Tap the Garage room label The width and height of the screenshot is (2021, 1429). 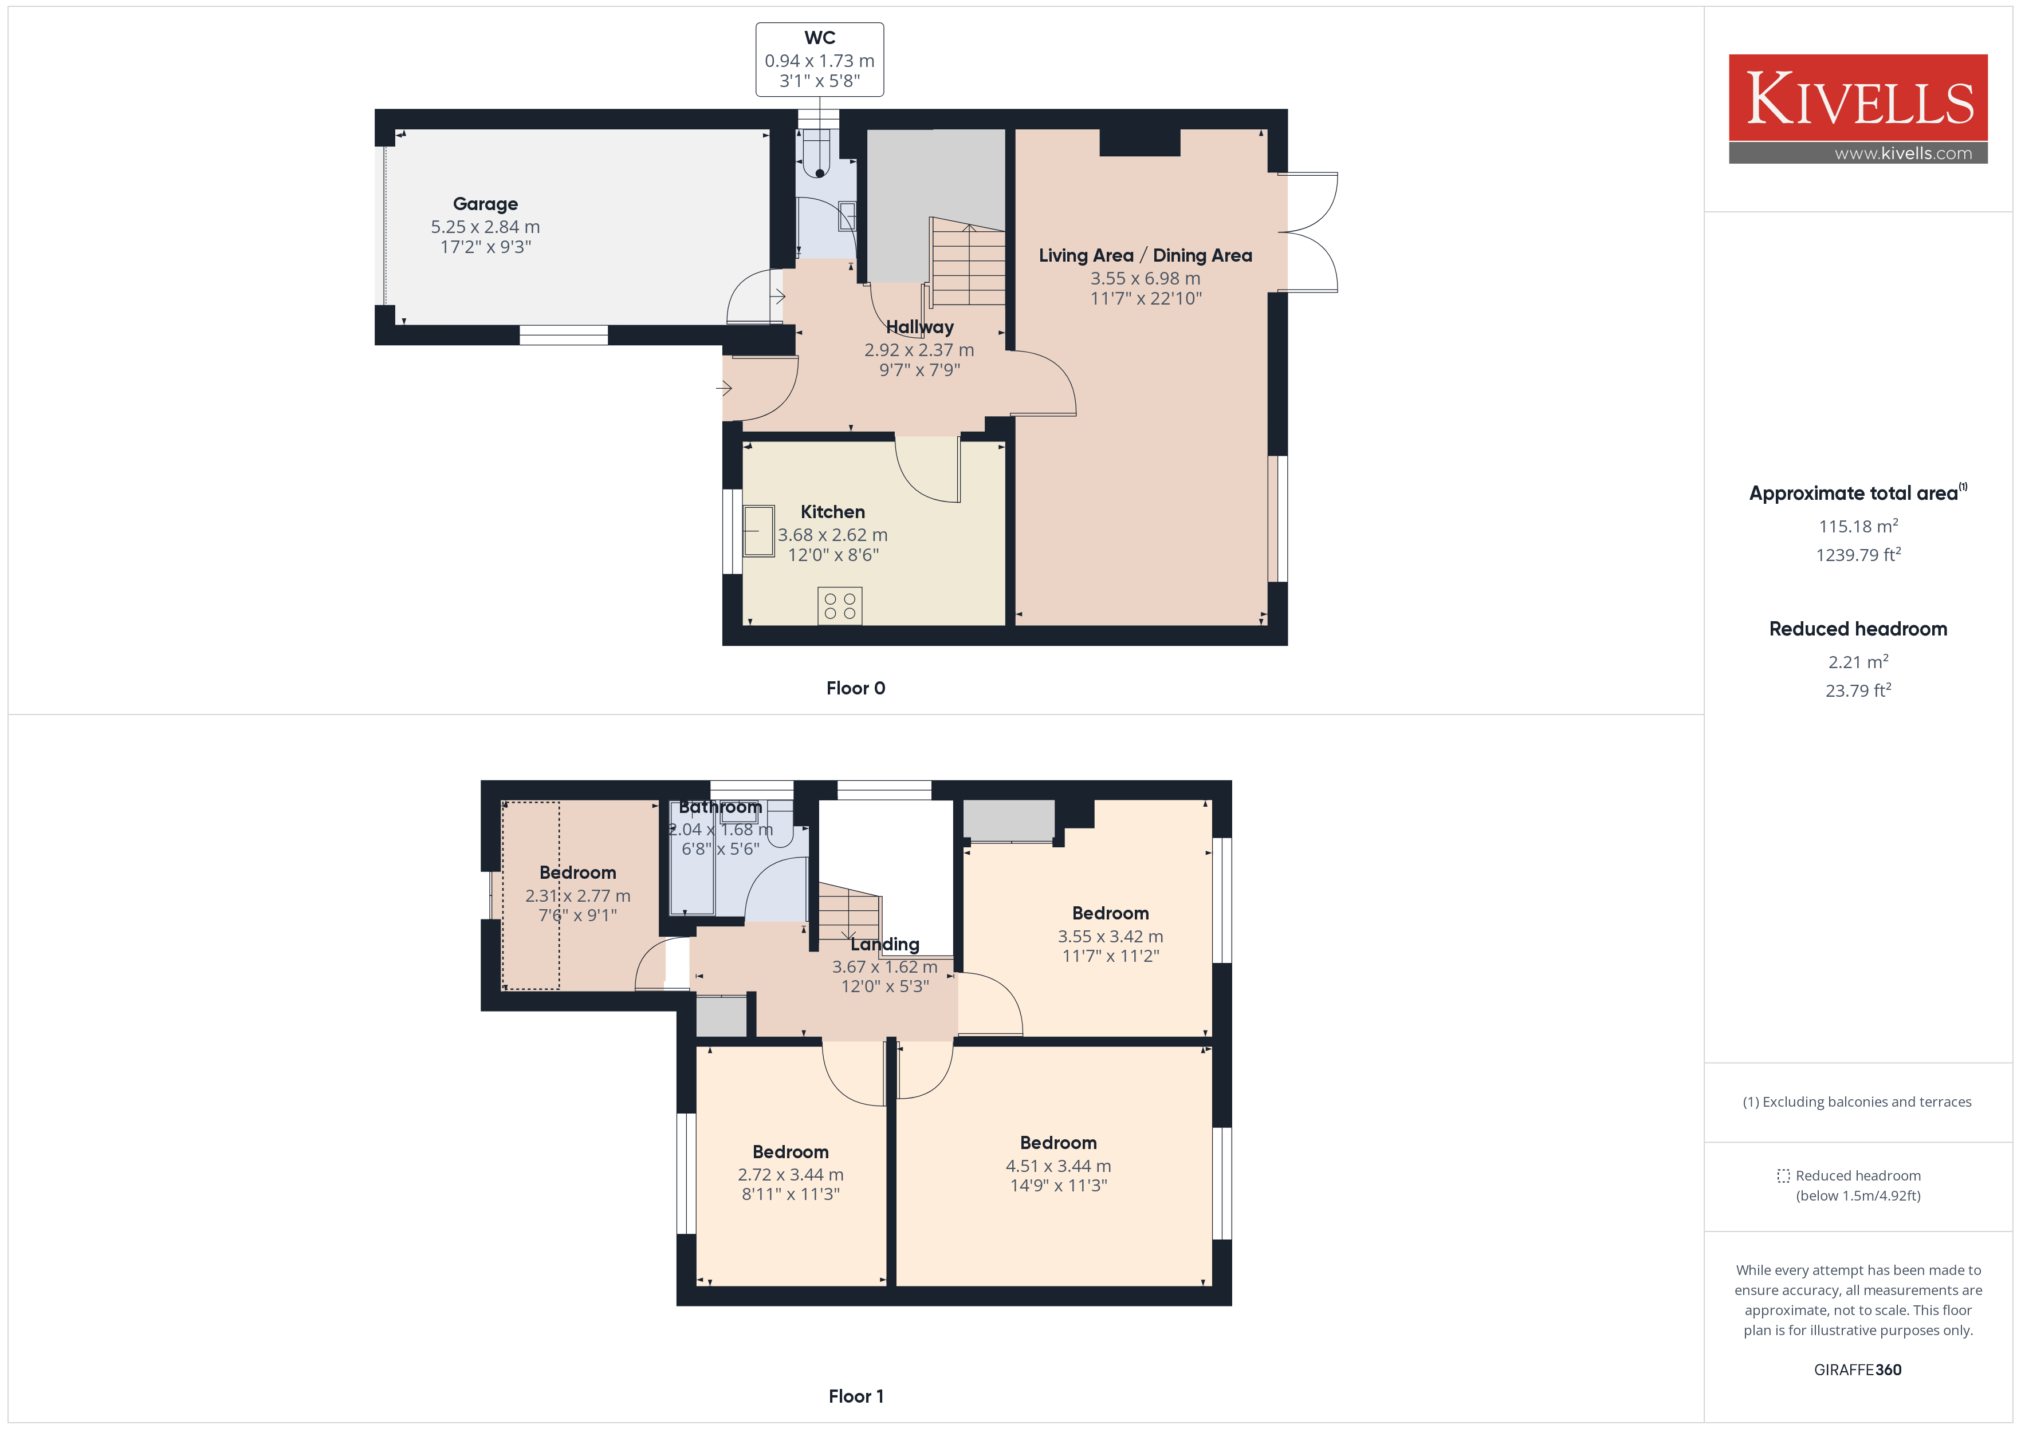coord(485,204)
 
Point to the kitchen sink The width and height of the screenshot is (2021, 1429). coord(759,531)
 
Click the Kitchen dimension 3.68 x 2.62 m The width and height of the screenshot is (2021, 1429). coord(833,535)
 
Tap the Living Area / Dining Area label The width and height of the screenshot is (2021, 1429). coord(1145,255)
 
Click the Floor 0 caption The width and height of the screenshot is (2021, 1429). coord(856,688)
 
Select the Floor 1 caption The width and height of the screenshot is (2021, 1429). coord(856,1396)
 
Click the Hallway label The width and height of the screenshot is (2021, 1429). coord(920,327)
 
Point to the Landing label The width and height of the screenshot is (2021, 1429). coord(884,944)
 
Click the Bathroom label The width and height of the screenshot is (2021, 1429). coord(720,807)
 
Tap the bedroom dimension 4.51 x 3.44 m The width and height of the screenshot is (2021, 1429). coord(1058,1166)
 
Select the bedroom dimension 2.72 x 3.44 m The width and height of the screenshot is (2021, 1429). coord(791,1175)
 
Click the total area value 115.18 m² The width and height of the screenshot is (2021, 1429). coord(1858,526)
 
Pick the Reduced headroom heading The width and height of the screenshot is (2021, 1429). coord(1858,629)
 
